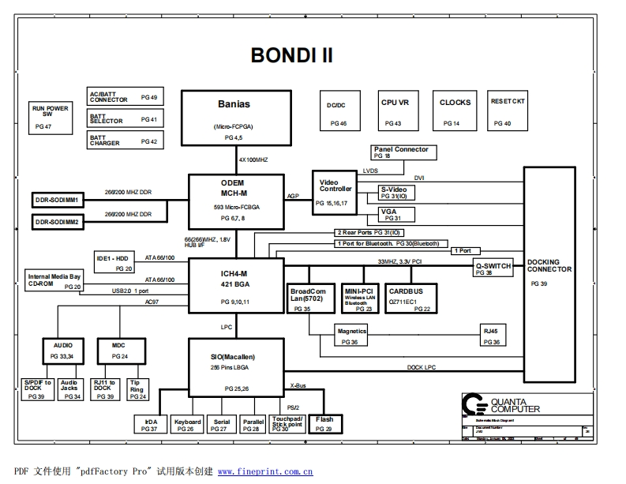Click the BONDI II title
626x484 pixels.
[x=291, y=54]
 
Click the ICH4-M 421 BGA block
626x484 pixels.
[x=234, y=286]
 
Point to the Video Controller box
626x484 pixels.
[x=335, y=192]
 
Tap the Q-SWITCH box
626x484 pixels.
[x=493, y=268]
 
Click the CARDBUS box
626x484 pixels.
[x=407, y=298]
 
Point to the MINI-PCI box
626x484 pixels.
[x=358, y=298]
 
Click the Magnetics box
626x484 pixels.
[x=352, y=335]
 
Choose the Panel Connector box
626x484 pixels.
[x=403, y=152]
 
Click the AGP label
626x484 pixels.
[x=293, y=196]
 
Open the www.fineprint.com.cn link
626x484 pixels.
[x=265, y=471]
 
